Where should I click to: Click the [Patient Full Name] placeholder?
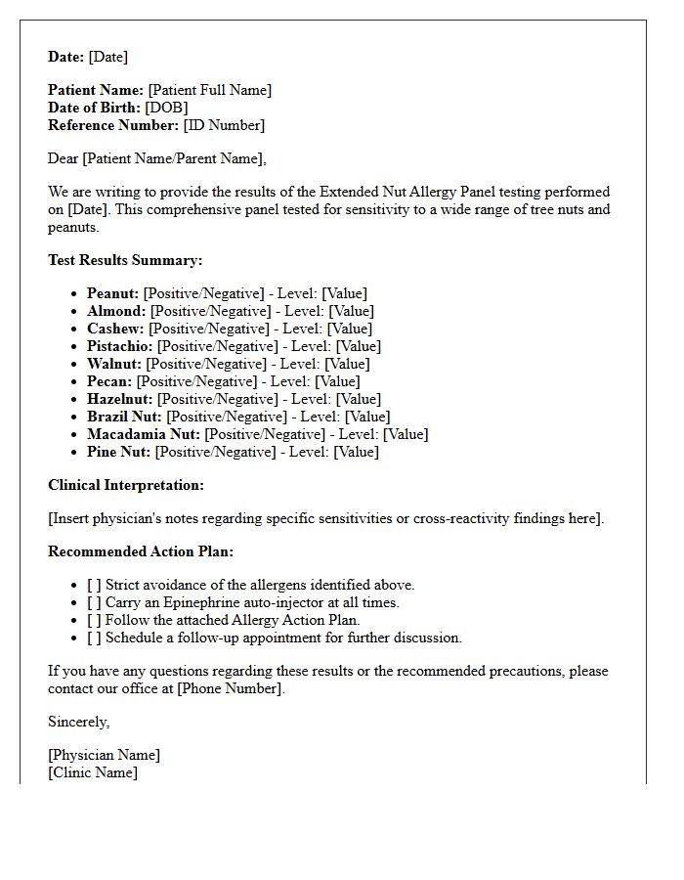[x=210, y=90]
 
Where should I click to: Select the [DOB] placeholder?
[x=166, y=108]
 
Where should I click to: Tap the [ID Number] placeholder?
[x=224, y=125]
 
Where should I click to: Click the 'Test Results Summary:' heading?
[x=125, y=260]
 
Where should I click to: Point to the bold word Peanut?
[x=112, y=293]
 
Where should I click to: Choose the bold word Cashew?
[x=114, y=329]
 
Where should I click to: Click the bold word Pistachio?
[x=120, y=346]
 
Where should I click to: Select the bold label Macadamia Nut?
[x=144, y=434]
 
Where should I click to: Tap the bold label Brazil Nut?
[x=124, y=417]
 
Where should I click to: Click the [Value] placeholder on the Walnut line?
[x=346, y=364]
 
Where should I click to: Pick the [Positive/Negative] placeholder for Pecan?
[x=196, y=381]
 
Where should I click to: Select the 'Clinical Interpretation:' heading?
[x=126, y=485]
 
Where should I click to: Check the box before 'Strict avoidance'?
[x=94, y=585]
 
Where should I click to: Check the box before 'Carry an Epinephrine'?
[x=94, y=602]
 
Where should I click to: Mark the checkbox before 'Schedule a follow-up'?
[x=94, y=638]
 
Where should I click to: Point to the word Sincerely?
[x=79, y=722]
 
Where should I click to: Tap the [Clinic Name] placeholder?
[x=93, y=772]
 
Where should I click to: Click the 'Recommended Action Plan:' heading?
[x=141, y=551]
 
